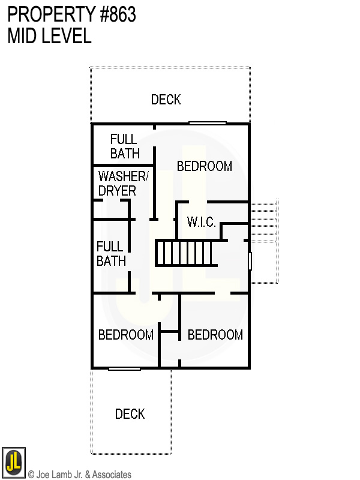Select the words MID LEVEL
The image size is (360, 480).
(x=49, y=36)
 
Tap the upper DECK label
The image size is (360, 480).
(x=166, y=100)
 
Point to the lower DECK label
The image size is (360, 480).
(x=130, y=414)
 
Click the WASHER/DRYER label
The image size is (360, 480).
(x=122, y=184)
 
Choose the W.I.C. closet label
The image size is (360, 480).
(x=202, y=222)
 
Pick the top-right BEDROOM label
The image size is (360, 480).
(x=205, y=166)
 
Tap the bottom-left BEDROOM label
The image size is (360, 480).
(x=126, y=335)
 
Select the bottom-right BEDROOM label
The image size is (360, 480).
(x=215, y=335)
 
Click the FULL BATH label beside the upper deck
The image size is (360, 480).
(x=125, y=146)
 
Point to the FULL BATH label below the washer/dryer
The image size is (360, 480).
(x=111, y=254)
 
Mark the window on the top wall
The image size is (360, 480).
(x=208, y=124)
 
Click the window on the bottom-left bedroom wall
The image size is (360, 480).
(x=125, y=368)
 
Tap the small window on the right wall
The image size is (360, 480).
(x=250, y=260)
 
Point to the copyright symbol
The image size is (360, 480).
(x=31, y=475)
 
